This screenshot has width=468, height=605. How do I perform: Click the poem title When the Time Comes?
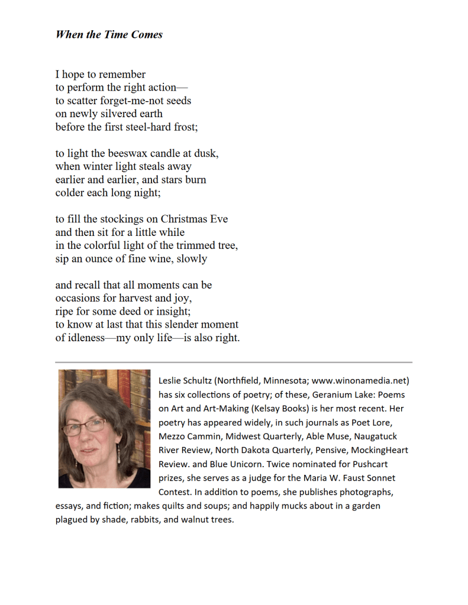point(109,34)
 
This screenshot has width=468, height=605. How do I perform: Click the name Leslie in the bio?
point(171,380)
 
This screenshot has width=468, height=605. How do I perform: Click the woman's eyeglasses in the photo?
point(91,425)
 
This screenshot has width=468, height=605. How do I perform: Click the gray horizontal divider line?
point(234,362)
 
